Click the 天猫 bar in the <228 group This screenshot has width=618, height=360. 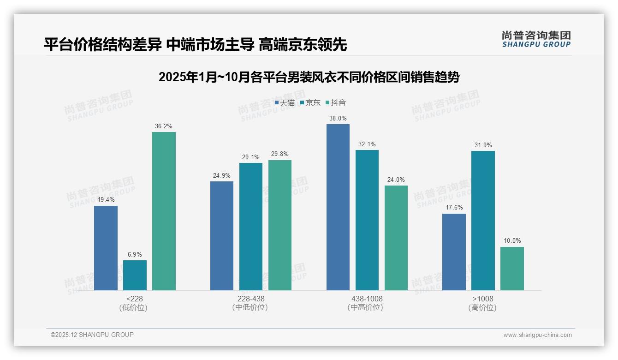pyautogui.click(x=106, y=248)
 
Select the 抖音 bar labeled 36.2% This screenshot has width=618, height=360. pyautogui.click(x=164, y=211)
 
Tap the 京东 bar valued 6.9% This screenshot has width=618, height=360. pyautogui.click(x=135, y=275)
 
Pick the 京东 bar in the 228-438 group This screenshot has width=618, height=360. pyautogui.click(x=251, y=226)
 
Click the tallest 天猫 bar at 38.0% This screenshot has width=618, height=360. pyautogui.click(x=338, y=207)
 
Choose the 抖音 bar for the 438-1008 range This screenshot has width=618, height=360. pyautogui.click(x=396, y=238)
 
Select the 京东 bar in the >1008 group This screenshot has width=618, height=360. pyautogui.click(x=483, y=220)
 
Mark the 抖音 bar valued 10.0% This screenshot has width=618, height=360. pyautogui.click(x=512, y=268)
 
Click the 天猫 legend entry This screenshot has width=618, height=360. pyautogui.click(x=285, y=102)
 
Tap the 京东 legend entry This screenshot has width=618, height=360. pyautogui.click(x=310, y=102)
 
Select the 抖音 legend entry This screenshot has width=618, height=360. pyautogui.click(x=336, y=102)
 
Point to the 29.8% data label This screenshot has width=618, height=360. pyautogui.click(x=280, y=154)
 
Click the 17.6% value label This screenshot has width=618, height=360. pyautogui.click(x=454, y=208)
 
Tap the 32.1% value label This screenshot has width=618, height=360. pyautogui.click(x=367, y=144)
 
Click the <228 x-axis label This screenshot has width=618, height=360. pyautogui.click(x=134, y=299)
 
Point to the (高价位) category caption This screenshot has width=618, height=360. pyautogui.click(x=482, y=307)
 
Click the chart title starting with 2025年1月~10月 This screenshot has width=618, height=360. pyautogui.click(x=309, y=77)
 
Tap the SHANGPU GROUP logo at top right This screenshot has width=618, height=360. pyautogui.click(x=536, y=39)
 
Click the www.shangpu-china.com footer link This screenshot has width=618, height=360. pyautogui.click(x=537, y=335)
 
